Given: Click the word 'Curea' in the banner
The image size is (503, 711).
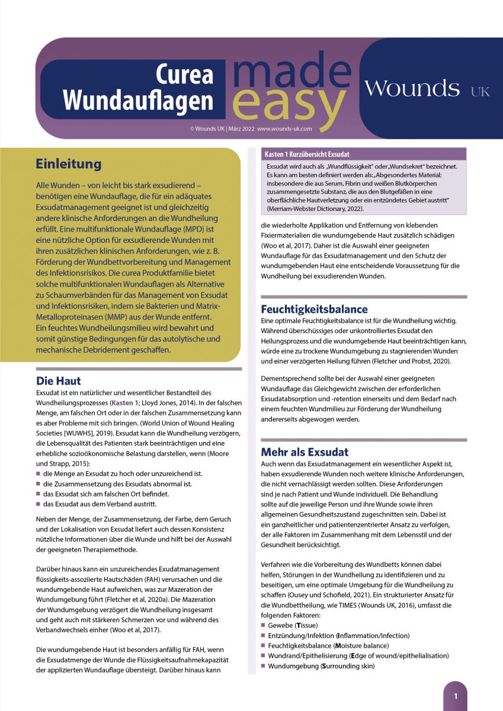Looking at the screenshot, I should tap(184, 74).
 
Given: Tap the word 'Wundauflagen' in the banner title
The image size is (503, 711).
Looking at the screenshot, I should tap(137, 100).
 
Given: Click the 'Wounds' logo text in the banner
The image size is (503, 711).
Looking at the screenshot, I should tap(412, 89).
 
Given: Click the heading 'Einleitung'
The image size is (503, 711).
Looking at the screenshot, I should tap(68, 164).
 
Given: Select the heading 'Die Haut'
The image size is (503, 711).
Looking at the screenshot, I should tap(59, 380).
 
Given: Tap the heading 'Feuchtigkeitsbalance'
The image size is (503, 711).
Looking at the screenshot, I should tap(314, 309).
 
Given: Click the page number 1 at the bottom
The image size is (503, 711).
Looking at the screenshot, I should tap(455, 696).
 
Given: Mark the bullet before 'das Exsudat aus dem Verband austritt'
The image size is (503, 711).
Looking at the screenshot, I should tap(39, 504).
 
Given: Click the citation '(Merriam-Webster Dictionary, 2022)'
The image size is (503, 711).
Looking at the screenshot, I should tap(316, 209).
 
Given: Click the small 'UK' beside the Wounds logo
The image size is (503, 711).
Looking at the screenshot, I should tap(480, 92).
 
